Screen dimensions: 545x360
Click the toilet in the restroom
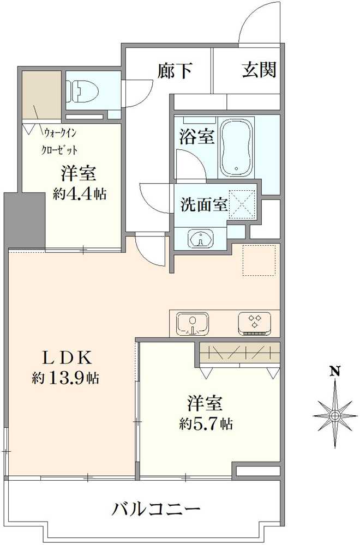tap(80, 91)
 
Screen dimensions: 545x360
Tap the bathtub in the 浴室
tap(236, 147)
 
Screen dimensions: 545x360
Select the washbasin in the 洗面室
tap(201, 238)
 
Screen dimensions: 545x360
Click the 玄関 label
tap(259, 69)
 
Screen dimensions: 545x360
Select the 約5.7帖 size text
tap(206, 423)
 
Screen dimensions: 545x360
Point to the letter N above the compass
tap(335, 372)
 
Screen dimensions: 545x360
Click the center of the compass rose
tap(335, 416)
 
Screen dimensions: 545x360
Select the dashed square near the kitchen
tap(260, 260)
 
